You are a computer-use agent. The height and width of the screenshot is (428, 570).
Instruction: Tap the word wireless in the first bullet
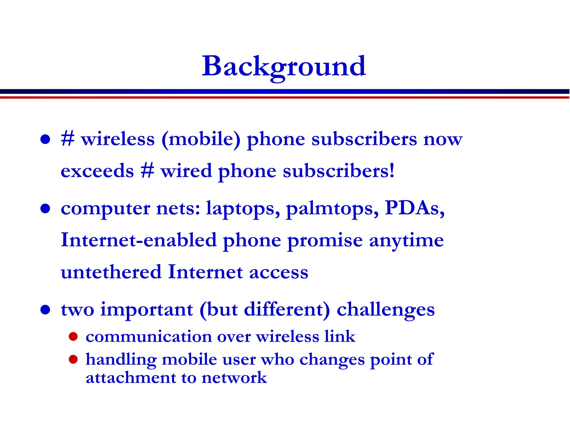118,139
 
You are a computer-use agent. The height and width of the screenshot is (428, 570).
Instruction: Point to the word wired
186,171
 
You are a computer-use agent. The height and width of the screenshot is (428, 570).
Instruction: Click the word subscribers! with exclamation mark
338,171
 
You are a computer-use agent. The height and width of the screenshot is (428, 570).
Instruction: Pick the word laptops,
243,208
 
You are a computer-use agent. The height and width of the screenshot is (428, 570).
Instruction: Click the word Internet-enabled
139,240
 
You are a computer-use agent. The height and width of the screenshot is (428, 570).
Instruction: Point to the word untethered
111,272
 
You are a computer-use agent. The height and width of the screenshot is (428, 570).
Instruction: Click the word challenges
385,310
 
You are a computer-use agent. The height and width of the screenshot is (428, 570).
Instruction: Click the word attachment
131,378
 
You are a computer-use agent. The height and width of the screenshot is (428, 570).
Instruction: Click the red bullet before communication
73,337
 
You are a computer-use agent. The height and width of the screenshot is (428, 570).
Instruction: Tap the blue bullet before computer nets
45,208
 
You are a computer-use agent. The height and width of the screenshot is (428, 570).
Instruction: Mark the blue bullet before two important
45,310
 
